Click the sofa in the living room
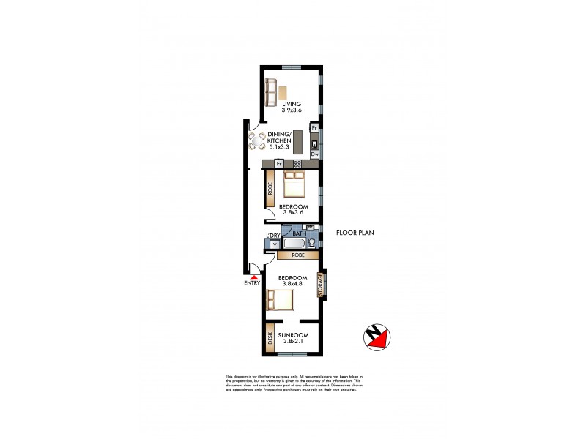pyautogui.click(x=271, y=92)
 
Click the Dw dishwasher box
pyautogui.click(x=314, y=154)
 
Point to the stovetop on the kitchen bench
pyautogui.click(x=297, y=163)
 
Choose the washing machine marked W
pyautogui.click(x=275, y=244)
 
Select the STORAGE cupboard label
pyautogui.click(x=320, y=285)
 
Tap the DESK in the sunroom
pyautogui.click(x=270, y=337)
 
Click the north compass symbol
pyautogui.click(x=377, y=337)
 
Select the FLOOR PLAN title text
pyautogui.click(x=355, y=233)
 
